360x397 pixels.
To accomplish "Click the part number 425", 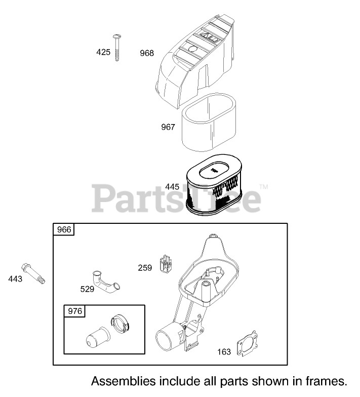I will click(x=103, y=52).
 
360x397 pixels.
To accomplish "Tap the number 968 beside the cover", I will click(x=147, y=53).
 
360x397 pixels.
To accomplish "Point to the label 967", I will click(x=168, y=127).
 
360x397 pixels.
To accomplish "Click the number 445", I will click(x=172, y=187).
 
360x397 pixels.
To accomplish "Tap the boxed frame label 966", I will click(x=64, y=230).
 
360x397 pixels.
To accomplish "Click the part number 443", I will click(x=15, y=279).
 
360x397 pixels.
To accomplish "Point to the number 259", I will click(x=145, y=268).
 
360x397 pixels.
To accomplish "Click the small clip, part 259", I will click(x=166, y=263).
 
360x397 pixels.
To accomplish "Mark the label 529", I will click(x=87, y=289).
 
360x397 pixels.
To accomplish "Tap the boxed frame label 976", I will click(x=75, y=311).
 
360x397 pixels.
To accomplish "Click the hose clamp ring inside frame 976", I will click(x=120, y=324).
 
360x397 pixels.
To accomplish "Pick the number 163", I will click(x=224, y=352).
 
